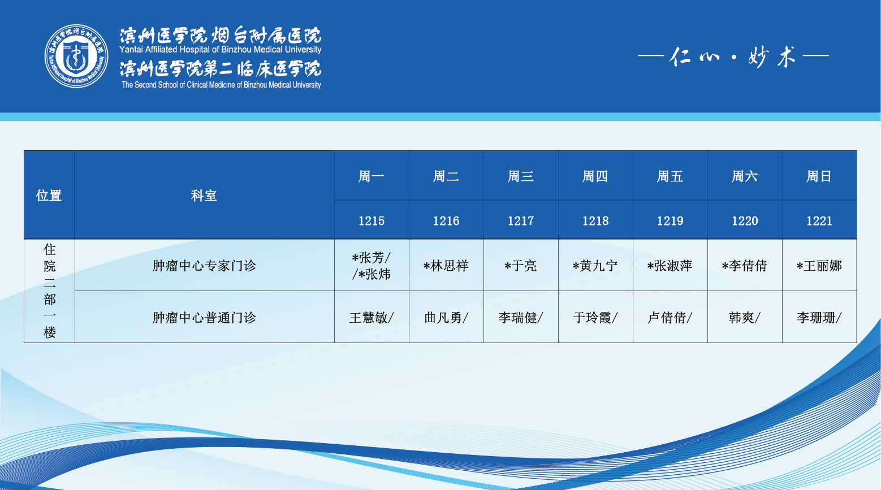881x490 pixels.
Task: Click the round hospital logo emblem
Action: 76,56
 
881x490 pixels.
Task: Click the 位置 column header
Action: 49,196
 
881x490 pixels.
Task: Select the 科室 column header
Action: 204,196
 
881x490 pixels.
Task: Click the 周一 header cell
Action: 372,176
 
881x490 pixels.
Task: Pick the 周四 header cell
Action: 595,176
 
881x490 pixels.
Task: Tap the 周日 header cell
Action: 819,176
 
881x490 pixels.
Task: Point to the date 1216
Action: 446,221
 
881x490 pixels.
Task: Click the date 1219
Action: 670,221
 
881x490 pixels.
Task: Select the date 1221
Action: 819,221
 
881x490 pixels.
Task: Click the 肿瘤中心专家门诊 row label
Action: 204,266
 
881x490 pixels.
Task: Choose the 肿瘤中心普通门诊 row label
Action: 204,318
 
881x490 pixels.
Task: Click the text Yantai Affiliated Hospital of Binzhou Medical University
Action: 221,50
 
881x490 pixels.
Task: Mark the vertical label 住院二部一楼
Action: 50,290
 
